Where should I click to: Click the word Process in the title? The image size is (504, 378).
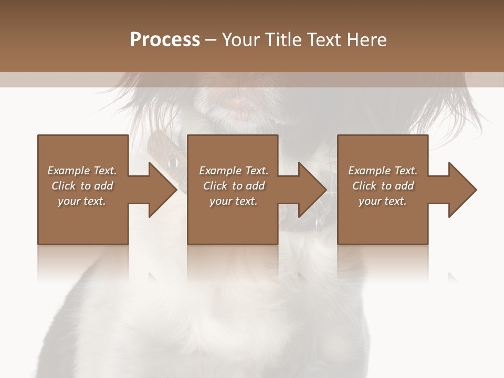click(x=165, y=40)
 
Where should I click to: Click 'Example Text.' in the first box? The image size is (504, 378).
click(x=82, y=171)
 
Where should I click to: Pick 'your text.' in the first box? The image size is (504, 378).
click(x=82, y=201)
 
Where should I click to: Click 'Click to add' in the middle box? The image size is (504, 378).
click(x=234, y=186)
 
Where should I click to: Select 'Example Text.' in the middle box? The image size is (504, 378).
click(x=234, y=171)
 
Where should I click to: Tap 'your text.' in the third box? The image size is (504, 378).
click(x=383, y=201)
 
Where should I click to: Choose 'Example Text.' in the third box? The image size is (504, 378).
click(x=383, y=171)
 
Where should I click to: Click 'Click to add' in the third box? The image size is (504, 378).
click(x=383, y=186)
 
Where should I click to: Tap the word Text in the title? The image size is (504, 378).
click(x=322, y=40)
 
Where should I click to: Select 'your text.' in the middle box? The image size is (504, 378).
click(x=234, y=201)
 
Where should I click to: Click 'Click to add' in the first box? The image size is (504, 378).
click(x=82, y=186)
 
